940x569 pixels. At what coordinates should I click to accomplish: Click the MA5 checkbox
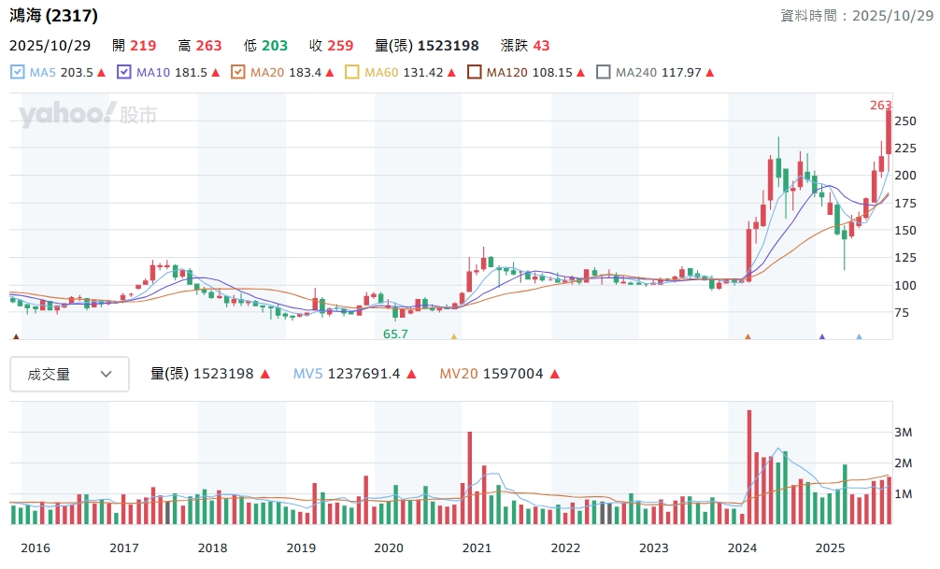coord(17,72)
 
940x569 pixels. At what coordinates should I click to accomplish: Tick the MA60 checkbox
coord(352,72)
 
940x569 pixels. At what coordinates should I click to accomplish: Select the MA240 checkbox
coord(603,72)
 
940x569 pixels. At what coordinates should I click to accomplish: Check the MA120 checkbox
coord(474,72)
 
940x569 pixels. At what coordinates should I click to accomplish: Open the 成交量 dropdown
coord(69,374)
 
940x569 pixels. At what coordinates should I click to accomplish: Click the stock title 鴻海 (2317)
coord(53,16)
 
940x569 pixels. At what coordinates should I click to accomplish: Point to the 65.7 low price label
coord(395,334)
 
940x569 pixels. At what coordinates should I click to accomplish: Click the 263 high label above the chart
coord(880,106)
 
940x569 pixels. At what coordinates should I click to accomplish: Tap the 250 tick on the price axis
coord(904,121)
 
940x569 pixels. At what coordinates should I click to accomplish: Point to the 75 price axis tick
coord(901,312)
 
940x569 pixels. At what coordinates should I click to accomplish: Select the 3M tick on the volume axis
coord(903,433)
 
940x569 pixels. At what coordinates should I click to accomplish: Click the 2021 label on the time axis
coord(477,548)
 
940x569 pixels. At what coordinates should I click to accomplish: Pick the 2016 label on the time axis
coord(36,548)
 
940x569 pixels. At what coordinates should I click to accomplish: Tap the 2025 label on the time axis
coord(830,548)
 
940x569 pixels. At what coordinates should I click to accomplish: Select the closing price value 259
coord(341,46)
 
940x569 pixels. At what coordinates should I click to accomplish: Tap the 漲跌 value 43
coord(541,46)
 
